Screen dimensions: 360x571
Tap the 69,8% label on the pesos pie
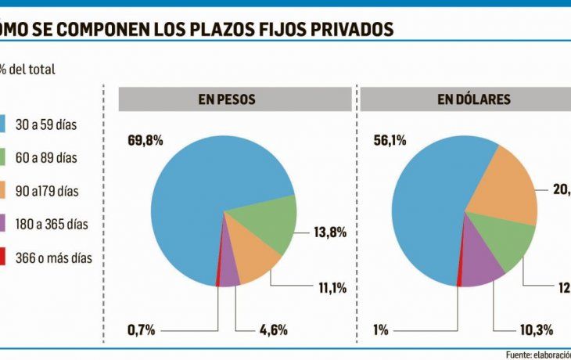(145, 141)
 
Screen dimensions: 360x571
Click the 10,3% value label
(515, 329)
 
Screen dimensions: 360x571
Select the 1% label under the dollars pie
(381, 329)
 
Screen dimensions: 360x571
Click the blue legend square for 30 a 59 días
(5, 124)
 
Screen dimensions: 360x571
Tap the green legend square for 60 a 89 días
(5, 157)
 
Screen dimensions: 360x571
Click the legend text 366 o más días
(54, 258)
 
